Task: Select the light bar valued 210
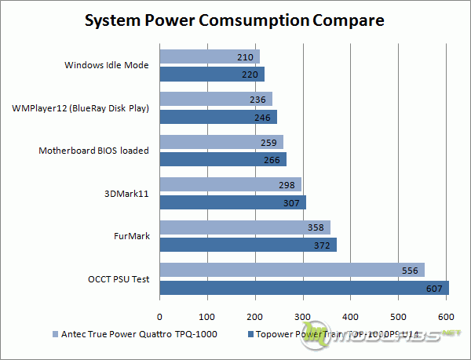click(210, 56)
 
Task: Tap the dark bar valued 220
click(212, 75)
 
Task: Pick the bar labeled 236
click(216, 99)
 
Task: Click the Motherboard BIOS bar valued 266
click(223, 159)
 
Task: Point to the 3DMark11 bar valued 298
click(230, 184)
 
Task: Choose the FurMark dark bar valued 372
click(248, 245)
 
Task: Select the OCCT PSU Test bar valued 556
click(292, 270)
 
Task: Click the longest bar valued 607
click(304, 287)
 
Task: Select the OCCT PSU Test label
click(119, 278)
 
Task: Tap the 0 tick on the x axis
click(160, 316)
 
